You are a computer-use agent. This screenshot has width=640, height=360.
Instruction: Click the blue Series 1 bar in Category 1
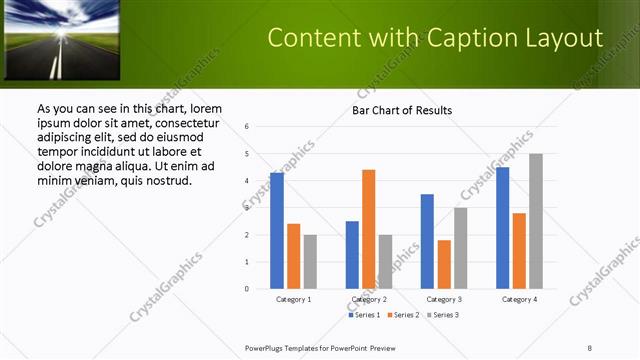(277, 231)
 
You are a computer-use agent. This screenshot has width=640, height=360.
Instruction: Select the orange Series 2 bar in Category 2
(369, 229)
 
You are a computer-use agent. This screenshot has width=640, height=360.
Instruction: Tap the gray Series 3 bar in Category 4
(536, 221)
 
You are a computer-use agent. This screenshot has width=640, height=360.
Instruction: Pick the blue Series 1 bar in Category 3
(427, 241)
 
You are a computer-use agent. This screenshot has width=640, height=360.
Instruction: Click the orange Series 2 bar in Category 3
(444, 264)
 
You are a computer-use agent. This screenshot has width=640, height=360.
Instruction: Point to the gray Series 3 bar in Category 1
(310, 261)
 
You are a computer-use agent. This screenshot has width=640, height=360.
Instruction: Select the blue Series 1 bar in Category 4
(502, 228)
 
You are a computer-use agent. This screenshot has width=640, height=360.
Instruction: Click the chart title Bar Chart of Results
(401, 110)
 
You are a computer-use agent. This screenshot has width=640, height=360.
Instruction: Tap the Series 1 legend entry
(364, 315)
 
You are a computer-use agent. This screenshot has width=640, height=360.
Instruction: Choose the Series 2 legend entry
(402, 315)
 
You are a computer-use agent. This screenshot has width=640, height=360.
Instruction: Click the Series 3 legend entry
(441, 315)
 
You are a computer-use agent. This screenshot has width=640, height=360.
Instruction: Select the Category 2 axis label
(369, 299)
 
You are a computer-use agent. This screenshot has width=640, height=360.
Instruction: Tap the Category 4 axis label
(519, 299)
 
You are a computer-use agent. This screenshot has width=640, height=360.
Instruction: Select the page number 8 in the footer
(590, 347)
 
